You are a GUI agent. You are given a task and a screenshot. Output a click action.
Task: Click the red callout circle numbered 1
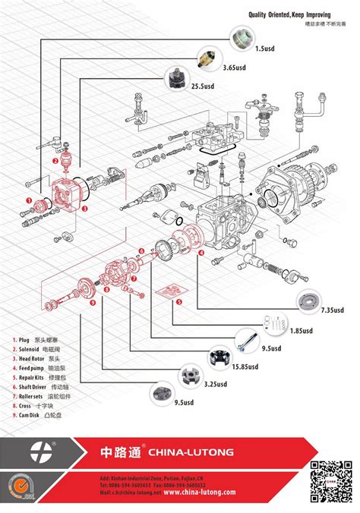(x=29, y=200)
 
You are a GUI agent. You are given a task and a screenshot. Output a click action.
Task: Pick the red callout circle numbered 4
(x=201, y=253)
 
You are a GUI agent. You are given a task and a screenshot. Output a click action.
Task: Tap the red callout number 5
(x=178, y=302)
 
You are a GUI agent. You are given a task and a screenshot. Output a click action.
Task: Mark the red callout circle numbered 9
(x=92, y=303)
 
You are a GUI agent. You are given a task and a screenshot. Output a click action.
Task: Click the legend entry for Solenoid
(x=34, y=348)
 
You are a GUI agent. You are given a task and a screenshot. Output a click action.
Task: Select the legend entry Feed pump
(x=36, y=367)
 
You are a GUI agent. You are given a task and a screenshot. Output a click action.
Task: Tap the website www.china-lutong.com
(x=199, y=492)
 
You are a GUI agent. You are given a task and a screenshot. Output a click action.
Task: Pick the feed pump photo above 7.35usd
(x=310, y=301)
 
